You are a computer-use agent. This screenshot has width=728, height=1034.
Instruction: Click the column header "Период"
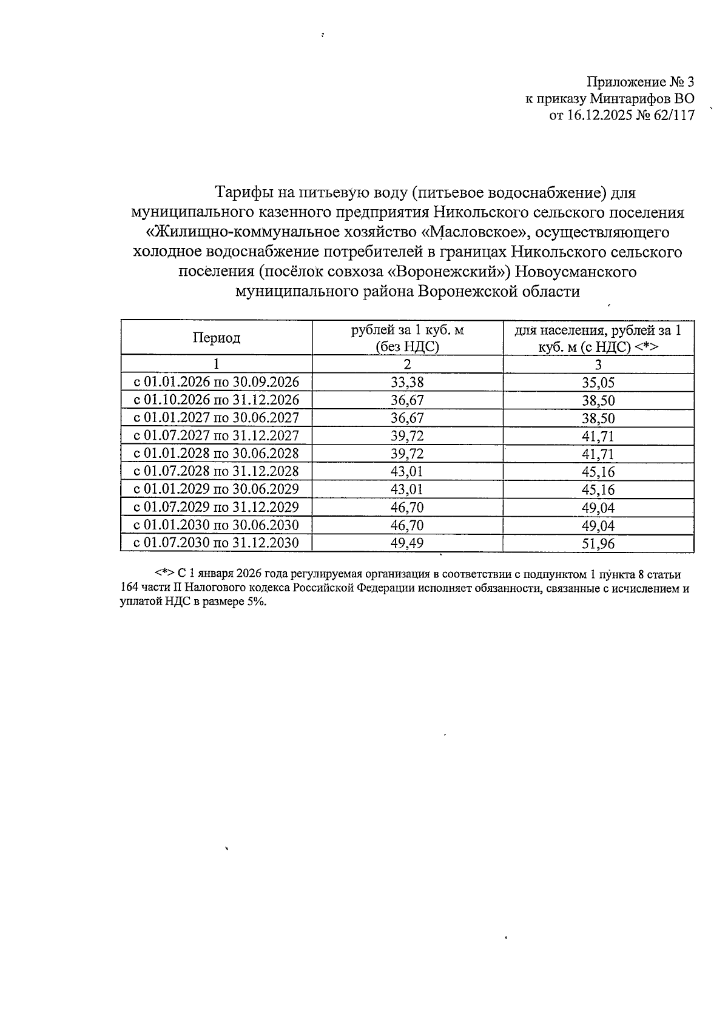217,338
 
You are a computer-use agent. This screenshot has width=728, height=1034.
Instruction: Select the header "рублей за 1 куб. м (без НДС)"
407,338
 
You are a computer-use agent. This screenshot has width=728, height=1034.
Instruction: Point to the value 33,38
407,382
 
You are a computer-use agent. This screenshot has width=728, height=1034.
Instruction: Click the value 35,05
598,383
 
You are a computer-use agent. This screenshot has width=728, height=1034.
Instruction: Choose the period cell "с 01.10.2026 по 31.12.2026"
217,400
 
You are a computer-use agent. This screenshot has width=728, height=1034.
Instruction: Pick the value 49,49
407,543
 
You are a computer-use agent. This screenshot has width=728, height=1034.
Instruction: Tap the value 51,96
598,543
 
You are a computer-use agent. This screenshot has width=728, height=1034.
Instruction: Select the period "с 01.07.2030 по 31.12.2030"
217,543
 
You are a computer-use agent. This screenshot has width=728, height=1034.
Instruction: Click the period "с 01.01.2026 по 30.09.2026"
217,382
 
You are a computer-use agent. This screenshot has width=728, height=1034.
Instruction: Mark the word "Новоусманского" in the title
576,272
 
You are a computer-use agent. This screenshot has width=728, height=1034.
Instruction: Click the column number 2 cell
407,364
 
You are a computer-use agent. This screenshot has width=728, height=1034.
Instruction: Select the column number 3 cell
598,364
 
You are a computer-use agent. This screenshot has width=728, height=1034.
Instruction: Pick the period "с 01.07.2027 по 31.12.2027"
217,435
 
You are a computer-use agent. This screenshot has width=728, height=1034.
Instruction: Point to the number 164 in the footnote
130,588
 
